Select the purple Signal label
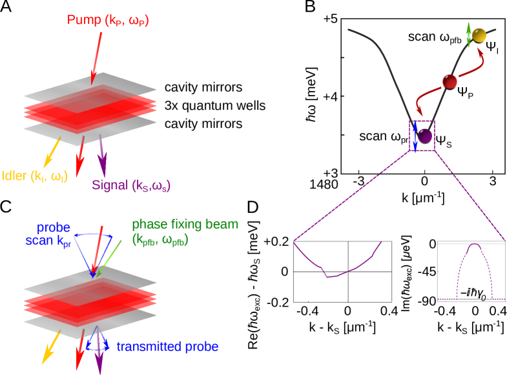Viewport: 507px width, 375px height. pos(131,186)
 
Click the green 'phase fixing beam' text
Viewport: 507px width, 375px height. pos(185,225)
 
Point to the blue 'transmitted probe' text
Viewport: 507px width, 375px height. pos(167,347)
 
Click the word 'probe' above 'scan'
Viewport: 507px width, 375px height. pos(54,228)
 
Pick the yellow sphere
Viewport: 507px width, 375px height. pos(479,34)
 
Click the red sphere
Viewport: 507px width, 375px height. pos(450,81)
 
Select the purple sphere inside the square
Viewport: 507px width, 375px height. pos(424,136)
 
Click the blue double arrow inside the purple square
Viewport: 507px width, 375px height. pos(415,136)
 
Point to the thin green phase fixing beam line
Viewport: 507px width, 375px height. pos(107,261)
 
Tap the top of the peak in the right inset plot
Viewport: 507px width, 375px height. pos(475,244)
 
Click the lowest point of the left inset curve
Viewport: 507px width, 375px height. pos(327,276)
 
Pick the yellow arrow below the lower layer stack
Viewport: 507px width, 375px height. pos(50,346)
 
